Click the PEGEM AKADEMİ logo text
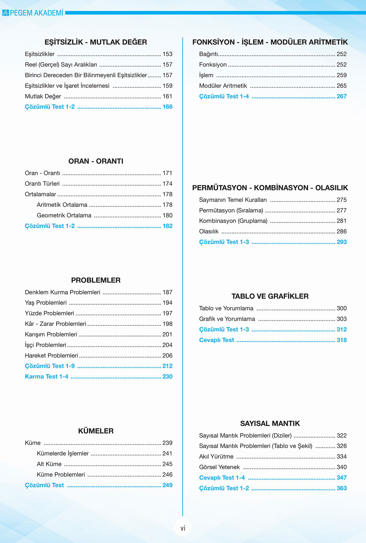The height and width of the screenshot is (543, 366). (36, 13)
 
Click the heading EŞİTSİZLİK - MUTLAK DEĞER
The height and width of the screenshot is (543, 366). (96, 42)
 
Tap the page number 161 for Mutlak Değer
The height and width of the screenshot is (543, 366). (167, 96)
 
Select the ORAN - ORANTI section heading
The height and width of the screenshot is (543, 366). (96, 161)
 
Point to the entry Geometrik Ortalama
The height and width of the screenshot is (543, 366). (64, 215)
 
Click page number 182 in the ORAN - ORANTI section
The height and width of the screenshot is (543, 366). (167, 226)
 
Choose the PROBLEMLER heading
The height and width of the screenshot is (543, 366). (96, 280)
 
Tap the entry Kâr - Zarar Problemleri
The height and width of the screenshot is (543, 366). (55, 324)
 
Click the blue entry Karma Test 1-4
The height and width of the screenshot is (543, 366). (46, 376)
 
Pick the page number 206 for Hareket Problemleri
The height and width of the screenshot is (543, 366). (167, 355)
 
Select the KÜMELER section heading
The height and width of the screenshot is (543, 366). (96, 431)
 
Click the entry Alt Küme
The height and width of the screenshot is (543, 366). (49, 464)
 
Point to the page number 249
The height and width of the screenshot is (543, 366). (167, 485)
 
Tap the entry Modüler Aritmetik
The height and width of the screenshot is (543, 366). (223, 86)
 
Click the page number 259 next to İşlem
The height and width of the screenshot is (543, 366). (341, 75)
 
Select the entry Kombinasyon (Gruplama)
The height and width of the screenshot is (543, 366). (233, 221)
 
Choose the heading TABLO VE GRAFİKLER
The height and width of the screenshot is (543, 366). (270, 296)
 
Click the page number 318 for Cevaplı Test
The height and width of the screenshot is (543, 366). (341, 340)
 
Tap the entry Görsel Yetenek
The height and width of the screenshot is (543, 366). (219, 467)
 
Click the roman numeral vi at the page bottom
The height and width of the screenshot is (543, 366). (183, 528)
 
